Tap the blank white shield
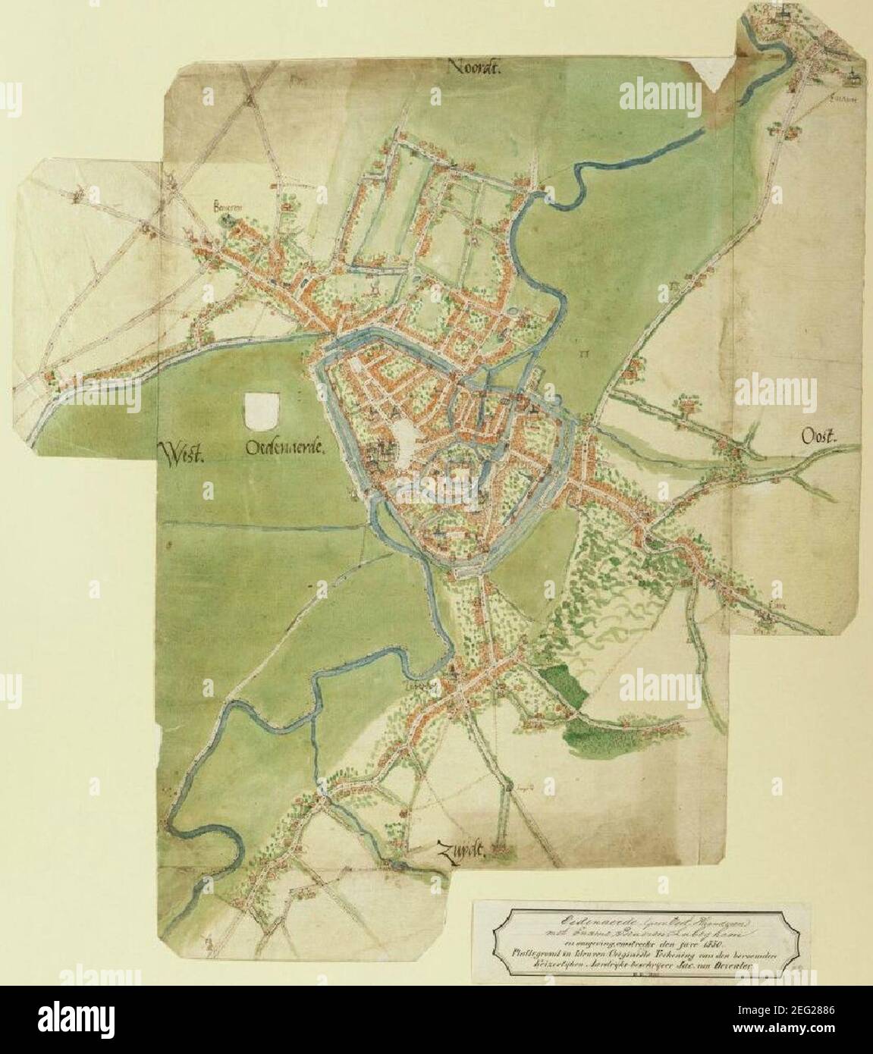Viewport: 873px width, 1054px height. point(262,409)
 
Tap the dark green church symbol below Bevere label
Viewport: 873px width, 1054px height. point(225,220)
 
